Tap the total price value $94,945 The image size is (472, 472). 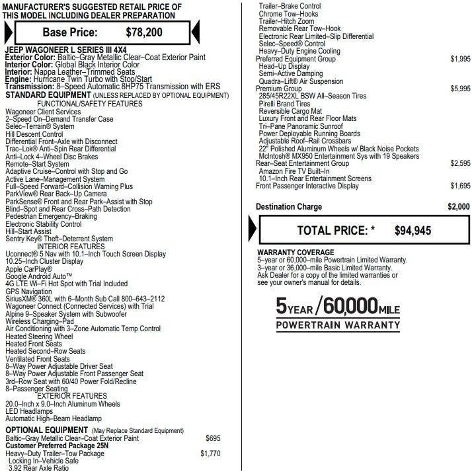click(413, 231)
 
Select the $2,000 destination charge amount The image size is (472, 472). click(458, 207)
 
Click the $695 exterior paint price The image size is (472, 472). click(213, 438)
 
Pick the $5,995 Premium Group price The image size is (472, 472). click(460, 88)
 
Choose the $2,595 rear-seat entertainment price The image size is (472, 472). click(460, 163)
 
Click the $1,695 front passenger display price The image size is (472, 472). click(460, 186)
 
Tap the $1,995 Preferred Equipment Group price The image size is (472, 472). click(460, 59)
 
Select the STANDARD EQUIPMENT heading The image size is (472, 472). click(43, 95)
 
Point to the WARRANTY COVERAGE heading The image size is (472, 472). click(295, 253)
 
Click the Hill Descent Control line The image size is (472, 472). click(34, 134)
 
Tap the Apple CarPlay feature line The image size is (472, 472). click(29, 269)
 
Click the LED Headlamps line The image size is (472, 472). click(28, 411)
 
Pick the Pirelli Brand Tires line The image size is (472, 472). click(285, 104)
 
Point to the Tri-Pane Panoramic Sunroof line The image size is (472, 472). click(301, 126)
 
